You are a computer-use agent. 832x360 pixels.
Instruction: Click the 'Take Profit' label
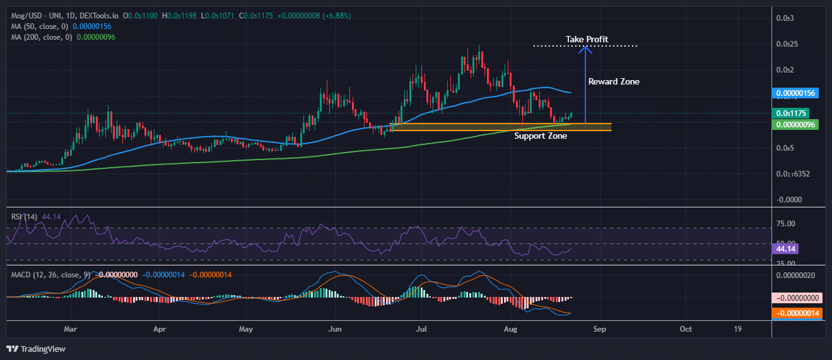point(587,40)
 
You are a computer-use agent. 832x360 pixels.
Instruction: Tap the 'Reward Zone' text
point(613,81)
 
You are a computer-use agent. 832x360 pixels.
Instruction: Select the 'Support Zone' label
point(540,136)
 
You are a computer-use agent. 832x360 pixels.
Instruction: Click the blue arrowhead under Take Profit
point(586,49)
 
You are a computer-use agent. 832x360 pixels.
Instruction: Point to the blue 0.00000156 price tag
point(795,93)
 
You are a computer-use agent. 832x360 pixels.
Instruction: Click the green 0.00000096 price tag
point(795,125)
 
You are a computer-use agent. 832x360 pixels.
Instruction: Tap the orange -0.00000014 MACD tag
point(796,313)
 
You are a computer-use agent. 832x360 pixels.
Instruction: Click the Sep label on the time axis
point(600,329)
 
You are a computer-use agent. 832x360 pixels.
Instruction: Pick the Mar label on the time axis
point(71,329)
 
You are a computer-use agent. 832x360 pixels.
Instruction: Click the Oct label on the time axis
point(686,329)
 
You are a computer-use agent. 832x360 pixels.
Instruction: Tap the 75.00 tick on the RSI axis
point(786,224)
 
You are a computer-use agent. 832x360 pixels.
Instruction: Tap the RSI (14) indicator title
point(24,217)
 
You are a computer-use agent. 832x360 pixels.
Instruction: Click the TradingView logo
point(36,349)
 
